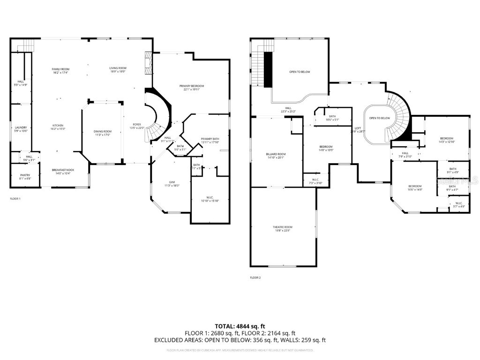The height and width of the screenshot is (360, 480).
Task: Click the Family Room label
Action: tap(61, 71)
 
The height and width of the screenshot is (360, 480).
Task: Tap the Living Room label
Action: tap(118, 70)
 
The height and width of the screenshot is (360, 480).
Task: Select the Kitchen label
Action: tap(58, 127)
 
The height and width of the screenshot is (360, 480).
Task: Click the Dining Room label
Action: tap(103, 133)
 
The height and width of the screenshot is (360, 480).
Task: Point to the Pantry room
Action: tap(25, 176)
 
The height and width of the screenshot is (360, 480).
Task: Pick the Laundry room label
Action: tap(21, 129)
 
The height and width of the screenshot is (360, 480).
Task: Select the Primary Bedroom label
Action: tap(192, 88)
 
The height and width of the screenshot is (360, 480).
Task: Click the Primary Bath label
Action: tap(210, 141)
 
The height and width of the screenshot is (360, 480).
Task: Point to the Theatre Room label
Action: tap(283, 228)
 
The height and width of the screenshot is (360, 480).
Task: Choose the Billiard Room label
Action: tap(276, 156)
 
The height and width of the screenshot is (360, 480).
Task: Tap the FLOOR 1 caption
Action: tap(15, 199)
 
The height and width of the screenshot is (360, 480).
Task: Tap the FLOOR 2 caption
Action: tap(255, 277)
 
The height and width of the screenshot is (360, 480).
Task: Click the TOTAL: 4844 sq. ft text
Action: tap(240, 326)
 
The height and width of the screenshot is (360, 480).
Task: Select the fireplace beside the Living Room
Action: tap(149, 63)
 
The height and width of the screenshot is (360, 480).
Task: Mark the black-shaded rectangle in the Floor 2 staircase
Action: tap(268, 69)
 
